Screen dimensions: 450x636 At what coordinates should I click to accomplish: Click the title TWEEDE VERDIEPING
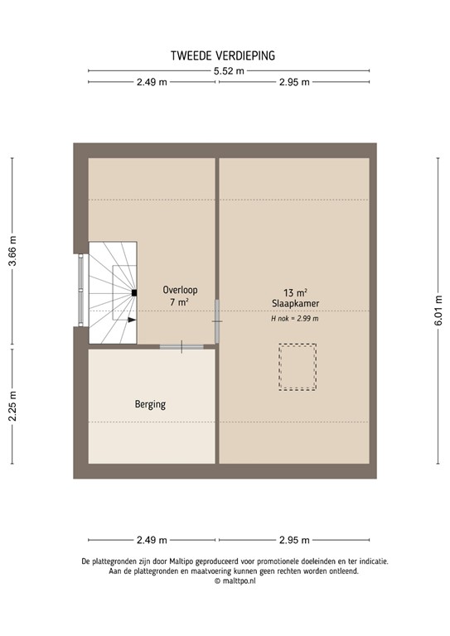click(x=223, y=55)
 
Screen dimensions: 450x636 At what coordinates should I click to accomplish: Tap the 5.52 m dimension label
click(x=229, y=71)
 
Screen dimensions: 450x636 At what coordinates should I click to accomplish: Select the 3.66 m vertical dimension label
click(x=12, y=251)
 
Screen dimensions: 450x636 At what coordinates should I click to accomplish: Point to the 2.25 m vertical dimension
click(x=12, y=406)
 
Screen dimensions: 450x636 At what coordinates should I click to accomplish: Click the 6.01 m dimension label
click(x=438, y=311)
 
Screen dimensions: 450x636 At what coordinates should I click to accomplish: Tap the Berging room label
click(x=150, y=404)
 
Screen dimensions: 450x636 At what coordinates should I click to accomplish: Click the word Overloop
click(x=180, y=290)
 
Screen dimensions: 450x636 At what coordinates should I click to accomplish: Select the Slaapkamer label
click(x=295, y=303)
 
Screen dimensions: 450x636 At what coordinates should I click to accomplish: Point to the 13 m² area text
click(x=295, y=292)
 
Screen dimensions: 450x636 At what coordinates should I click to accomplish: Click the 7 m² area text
click(x=179, y=301)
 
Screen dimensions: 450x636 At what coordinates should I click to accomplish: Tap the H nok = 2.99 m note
click(x=295, y=318)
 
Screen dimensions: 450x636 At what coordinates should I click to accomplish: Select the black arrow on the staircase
click(x=132, y=320)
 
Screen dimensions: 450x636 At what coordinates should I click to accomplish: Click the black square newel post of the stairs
click(x=134, y=293)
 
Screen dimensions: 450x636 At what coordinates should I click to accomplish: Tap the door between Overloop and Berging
click(x=181, y=347)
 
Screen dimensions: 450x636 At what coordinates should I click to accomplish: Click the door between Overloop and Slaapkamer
click(x=217, y=321)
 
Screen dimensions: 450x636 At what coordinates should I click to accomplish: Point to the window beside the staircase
click(x=80, y=290)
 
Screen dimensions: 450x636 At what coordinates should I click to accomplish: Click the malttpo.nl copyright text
click(x=235, y=581)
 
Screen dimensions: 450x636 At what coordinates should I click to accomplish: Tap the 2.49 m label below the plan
click(x=152, y=540)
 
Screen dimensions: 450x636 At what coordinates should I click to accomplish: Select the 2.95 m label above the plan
click(x=294, y=82)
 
